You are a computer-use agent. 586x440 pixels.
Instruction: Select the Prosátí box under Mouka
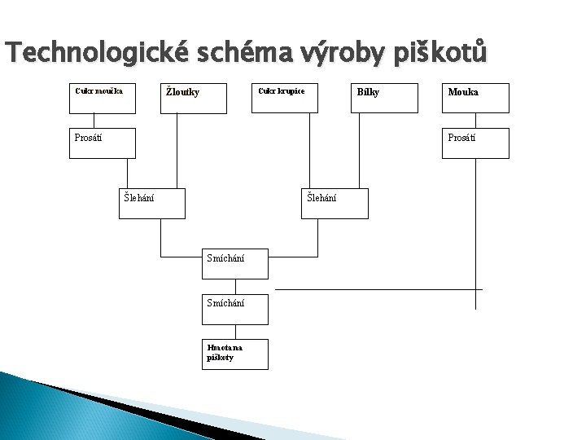[x=475, y=143]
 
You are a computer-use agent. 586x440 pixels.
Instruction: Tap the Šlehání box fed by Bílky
[x=335, y=204]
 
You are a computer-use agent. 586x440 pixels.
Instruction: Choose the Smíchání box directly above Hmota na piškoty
[x=235, y=308]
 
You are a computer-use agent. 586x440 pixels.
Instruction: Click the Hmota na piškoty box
[x=235, y=354]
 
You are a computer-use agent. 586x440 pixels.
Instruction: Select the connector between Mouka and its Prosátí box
[x=475, y=120]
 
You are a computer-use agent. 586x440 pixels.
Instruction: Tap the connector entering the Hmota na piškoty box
[x=235, y=331]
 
